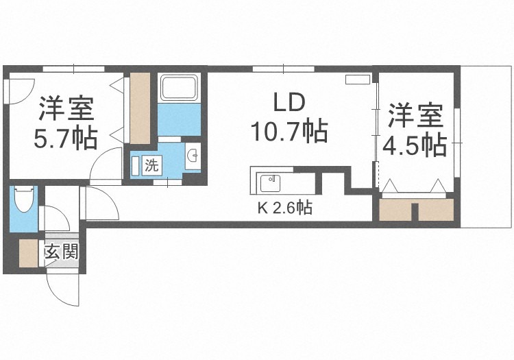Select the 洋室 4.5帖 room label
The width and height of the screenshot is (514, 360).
tap(416, 130)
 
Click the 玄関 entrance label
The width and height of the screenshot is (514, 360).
tap(61, 252)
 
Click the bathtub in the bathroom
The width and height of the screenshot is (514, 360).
tap(179, 88)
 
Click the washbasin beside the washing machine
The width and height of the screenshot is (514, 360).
tap(193, 156)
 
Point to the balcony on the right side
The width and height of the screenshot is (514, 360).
tap(487, 147)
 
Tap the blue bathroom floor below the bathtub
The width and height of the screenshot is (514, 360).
tap(179, 120)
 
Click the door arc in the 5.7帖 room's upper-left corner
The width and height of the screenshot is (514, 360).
tap(19, 89)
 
